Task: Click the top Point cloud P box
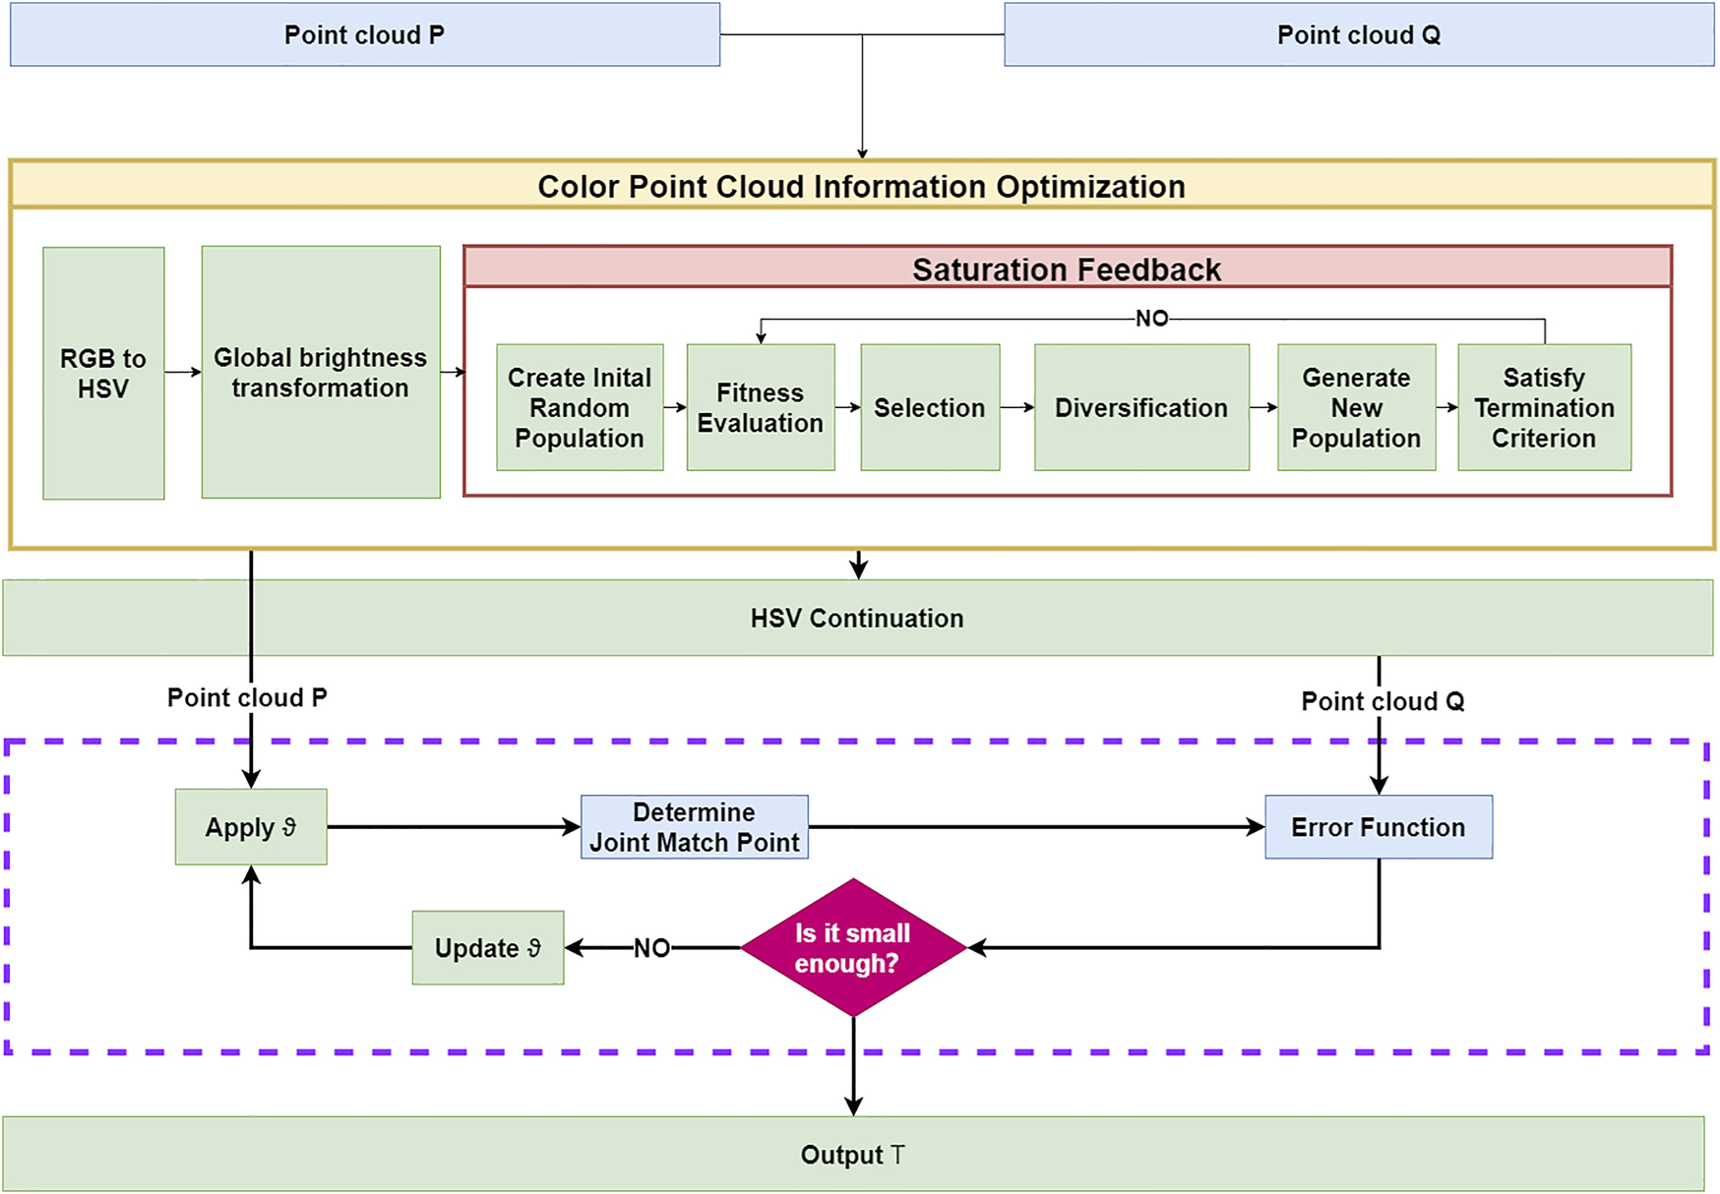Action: coord(364,34)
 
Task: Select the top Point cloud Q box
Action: coord(1358,34)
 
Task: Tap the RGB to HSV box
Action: coord(103,373)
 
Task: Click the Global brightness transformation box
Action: coord(321,372)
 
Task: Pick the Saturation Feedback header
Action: coord(1067,269)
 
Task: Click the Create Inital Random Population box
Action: coord(580,407)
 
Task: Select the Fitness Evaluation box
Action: coord(761,407)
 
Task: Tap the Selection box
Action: coord(930,407)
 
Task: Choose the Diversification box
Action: coord(1141,407)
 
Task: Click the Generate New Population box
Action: coord(1356,407)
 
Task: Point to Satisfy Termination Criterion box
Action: coord(1544,407)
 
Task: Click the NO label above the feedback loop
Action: coord(1152,319)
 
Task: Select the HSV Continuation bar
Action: coord(857,618)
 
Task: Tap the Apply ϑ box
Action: coord(251,827)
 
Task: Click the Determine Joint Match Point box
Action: coord(695,827)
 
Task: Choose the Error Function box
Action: coord(1378,827)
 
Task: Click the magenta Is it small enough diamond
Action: coord(853,947)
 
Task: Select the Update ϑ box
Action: coord(488,947)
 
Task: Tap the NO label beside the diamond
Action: coord(651,948)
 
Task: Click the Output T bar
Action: coord(853,1154)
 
